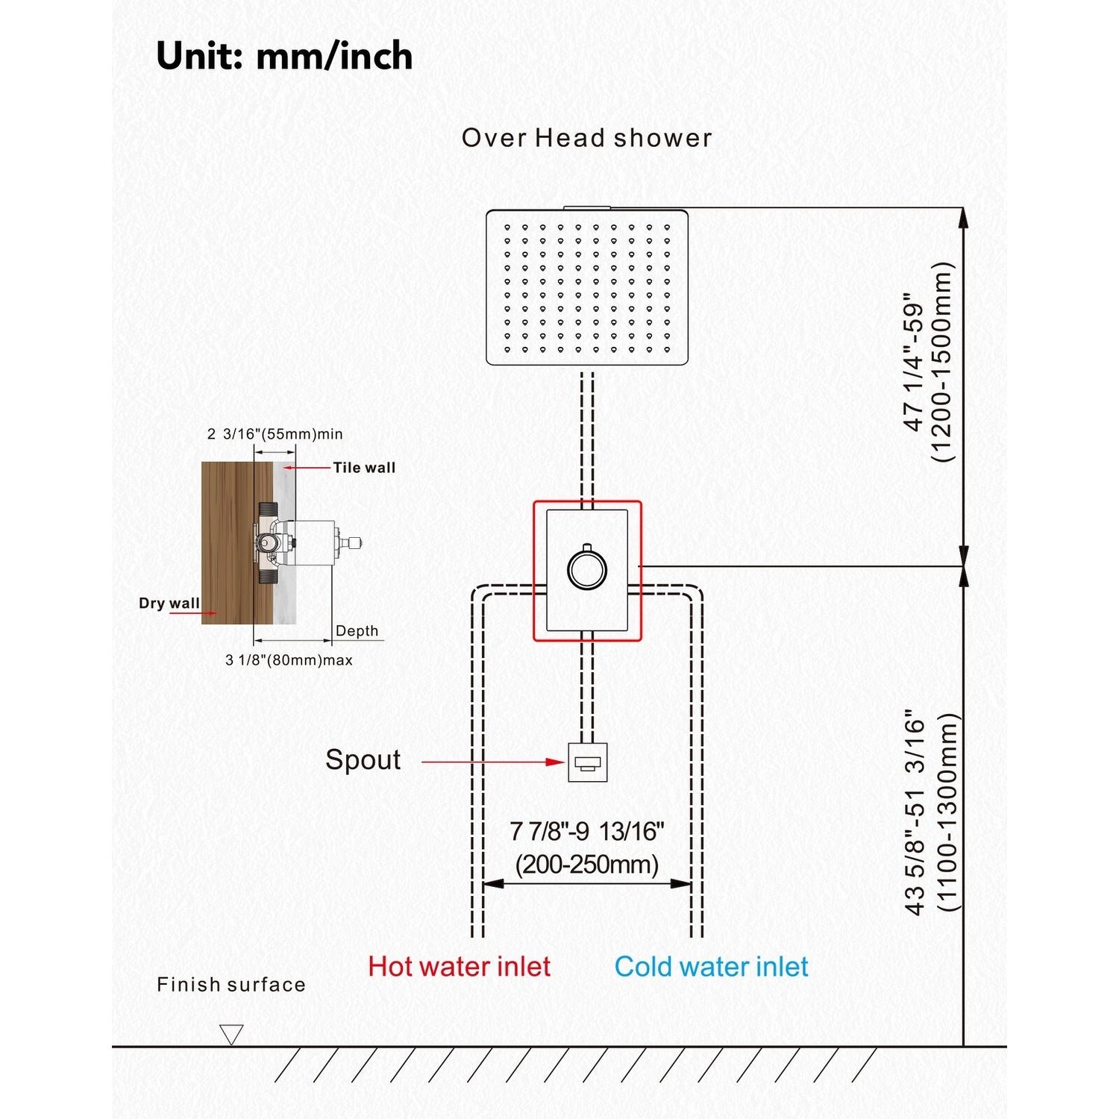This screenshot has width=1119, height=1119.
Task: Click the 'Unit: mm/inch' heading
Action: point(284,56)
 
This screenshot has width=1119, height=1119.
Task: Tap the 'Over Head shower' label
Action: point(587,138)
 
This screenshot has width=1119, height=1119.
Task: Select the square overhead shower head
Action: point(587,287)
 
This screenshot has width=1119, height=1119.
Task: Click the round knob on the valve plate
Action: point(587,569)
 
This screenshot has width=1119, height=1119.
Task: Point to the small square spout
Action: point(588,762)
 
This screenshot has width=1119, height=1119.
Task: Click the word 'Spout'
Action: point(363,760)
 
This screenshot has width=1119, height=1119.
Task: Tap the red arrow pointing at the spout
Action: point(493,762)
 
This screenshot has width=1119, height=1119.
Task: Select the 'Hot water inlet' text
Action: point(460,967)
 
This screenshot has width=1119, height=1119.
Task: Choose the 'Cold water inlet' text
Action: point(712,967)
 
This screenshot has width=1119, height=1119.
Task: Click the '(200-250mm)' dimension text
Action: point(587,865)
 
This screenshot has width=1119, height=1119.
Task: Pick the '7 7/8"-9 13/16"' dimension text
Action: point(587,831)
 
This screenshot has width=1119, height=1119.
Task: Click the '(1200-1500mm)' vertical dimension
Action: point(944,362)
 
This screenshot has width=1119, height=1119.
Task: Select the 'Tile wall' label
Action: point(364,468)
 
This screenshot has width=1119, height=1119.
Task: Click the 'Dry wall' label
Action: point(169,604)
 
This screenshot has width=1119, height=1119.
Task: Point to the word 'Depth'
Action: point(357,631)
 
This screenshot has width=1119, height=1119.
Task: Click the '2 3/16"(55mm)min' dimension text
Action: point(275,434)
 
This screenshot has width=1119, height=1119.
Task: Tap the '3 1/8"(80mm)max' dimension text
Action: point(289,660)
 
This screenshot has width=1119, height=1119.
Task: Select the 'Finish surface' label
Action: point(231,985)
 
